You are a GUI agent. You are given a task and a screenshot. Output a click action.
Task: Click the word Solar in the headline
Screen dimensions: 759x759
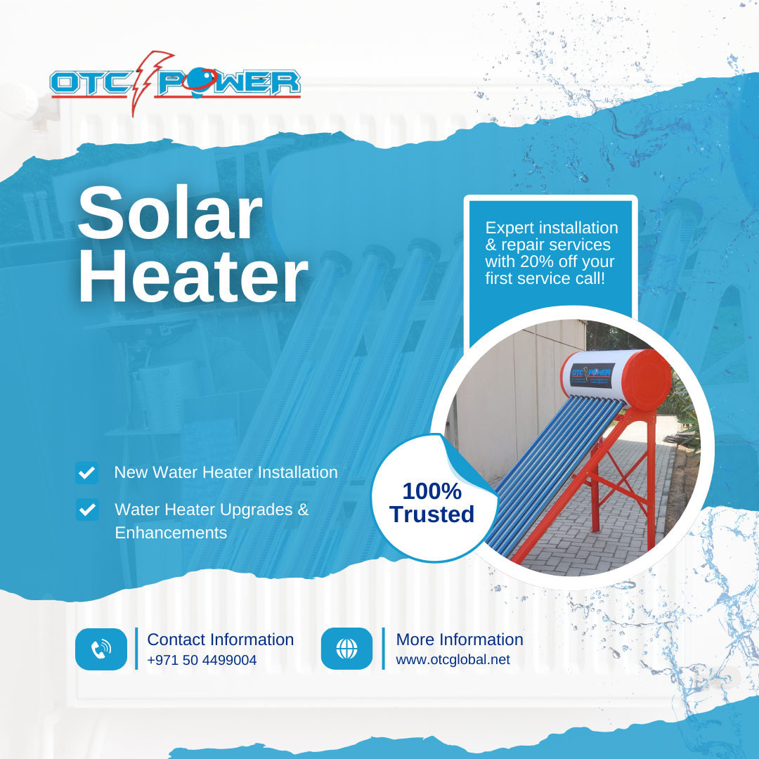click(169, 213)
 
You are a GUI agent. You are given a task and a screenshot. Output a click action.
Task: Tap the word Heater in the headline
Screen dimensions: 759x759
click(193, 276)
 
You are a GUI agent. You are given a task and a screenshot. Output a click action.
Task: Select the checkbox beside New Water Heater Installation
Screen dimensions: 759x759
click(86, 472)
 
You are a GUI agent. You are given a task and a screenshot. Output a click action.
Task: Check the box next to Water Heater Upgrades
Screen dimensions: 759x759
click(87, 510)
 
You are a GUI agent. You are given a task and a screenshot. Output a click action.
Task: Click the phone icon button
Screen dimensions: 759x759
click(101, 649)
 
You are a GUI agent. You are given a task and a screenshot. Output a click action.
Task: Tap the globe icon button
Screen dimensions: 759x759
click(346, 649)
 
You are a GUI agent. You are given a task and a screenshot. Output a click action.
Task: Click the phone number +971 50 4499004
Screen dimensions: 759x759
click(202, 660)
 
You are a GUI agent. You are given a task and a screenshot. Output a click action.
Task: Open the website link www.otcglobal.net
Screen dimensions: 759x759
click(453, 660)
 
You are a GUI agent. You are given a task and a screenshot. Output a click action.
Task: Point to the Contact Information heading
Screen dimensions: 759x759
click(220, 640)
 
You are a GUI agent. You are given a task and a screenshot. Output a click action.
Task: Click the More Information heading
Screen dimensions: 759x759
click(460, 640)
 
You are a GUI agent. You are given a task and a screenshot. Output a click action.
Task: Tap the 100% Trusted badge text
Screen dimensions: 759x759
click(432, 502)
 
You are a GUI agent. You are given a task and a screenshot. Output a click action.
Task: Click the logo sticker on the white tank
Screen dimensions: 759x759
click(591, 375)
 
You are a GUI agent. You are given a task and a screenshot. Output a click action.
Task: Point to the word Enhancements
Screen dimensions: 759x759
click(171, 533)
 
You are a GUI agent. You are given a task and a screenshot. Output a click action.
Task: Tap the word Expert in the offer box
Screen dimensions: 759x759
click(510, 228)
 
